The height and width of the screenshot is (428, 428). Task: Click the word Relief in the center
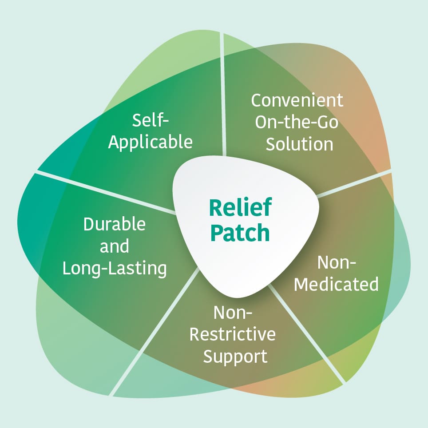point(240,208)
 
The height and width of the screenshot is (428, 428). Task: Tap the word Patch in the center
point(240,232)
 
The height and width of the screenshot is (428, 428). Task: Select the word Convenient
point(297,100)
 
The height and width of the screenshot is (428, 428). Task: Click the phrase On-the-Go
point(296,122)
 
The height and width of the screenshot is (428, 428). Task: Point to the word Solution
point(299,144)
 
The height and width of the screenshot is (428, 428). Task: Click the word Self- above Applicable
point(151,119)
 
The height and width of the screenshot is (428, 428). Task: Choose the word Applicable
point(151,142)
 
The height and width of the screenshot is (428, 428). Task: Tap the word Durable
point(115,224)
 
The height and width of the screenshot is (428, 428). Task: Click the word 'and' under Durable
point(115,246)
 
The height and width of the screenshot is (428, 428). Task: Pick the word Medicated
point(336,284)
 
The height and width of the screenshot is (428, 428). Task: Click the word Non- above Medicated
point(337,262)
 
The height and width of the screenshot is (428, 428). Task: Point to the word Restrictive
point(232,334)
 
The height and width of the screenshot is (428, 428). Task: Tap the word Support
point(235,356)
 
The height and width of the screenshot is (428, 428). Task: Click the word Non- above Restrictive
point(233,313)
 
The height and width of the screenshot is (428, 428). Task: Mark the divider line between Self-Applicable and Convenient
point(223,98)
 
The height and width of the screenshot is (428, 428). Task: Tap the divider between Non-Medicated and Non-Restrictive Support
point(306,333)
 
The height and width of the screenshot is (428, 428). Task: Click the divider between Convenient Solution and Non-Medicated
point(355,182)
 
